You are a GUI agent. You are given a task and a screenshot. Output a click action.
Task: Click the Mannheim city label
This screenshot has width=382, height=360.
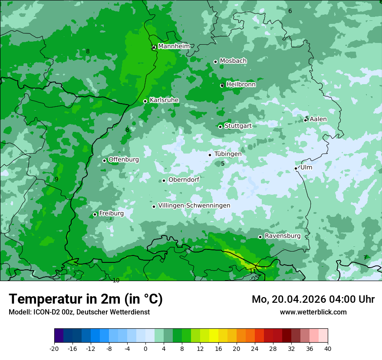pos(174,46)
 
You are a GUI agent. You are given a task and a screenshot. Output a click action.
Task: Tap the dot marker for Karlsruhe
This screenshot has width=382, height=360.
pos(145,101)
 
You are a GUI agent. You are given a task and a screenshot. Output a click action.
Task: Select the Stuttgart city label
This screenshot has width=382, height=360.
pos(238,126)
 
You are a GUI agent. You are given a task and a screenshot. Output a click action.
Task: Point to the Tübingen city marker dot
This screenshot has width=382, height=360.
pos(210,155)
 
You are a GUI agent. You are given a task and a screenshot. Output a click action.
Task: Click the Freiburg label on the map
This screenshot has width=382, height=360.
pos(111,213)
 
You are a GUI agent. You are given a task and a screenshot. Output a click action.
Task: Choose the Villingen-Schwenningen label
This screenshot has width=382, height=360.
pos(194,206)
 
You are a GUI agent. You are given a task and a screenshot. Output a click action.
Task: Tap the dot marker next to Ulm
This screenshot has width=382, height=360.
pos(296,168)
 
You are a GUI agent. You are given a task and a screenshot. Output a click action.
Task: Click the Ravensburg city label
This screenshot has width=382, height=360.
pos(282,236)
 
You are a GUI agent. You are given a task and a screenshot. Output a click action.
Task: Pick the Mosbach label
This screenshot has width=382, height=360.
pos(233,61)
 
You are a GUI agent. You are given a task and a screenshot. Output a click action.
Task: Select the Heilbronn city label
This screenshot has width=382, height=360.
pos(241,85)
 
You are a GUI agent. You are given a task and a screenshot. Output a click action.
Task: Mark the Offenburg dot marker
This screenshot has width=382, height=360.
pos(105,160)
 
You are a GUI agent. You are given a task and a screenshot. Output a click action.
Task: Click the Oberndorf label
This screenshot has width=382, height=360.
pos(184,180)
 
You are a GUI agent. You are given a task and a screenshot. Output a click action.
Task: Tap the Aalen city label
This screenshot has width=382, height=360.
pos(318,119)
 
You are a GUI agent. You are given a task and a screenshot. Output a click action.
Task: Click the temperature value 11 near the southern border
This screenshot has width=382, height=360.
pos(253,271)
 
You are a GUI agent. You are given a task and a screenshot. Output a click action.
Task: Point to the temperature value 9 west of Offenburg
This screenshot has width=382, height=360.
pos(56,179)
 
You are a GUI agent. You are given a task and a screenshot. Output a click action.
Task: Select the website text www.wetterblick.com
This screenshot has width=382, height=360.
pos(313,312)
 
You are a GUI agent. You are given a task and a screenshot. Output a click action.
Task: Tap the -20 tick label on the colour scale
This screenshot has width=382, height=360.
pos(54,348)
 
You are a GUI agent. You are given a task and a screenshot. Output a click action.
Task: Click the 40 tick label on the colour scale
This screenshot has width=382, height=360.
pos(328,348)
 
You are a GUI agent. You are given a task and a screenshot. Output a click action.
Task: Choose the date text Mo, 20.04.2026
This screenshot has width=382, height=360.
pos(289,299)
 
